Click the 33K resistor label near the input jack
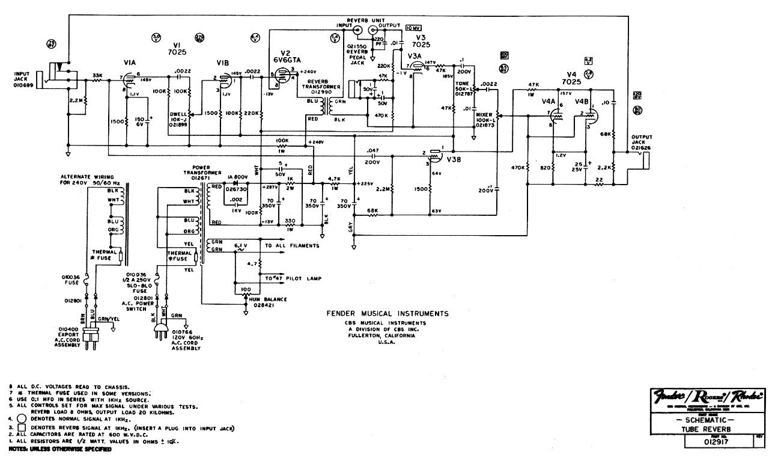[96, 75]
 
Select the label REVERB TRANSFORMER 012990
[318, 87]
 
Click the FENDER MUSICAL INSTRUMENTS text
[386, 314]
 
